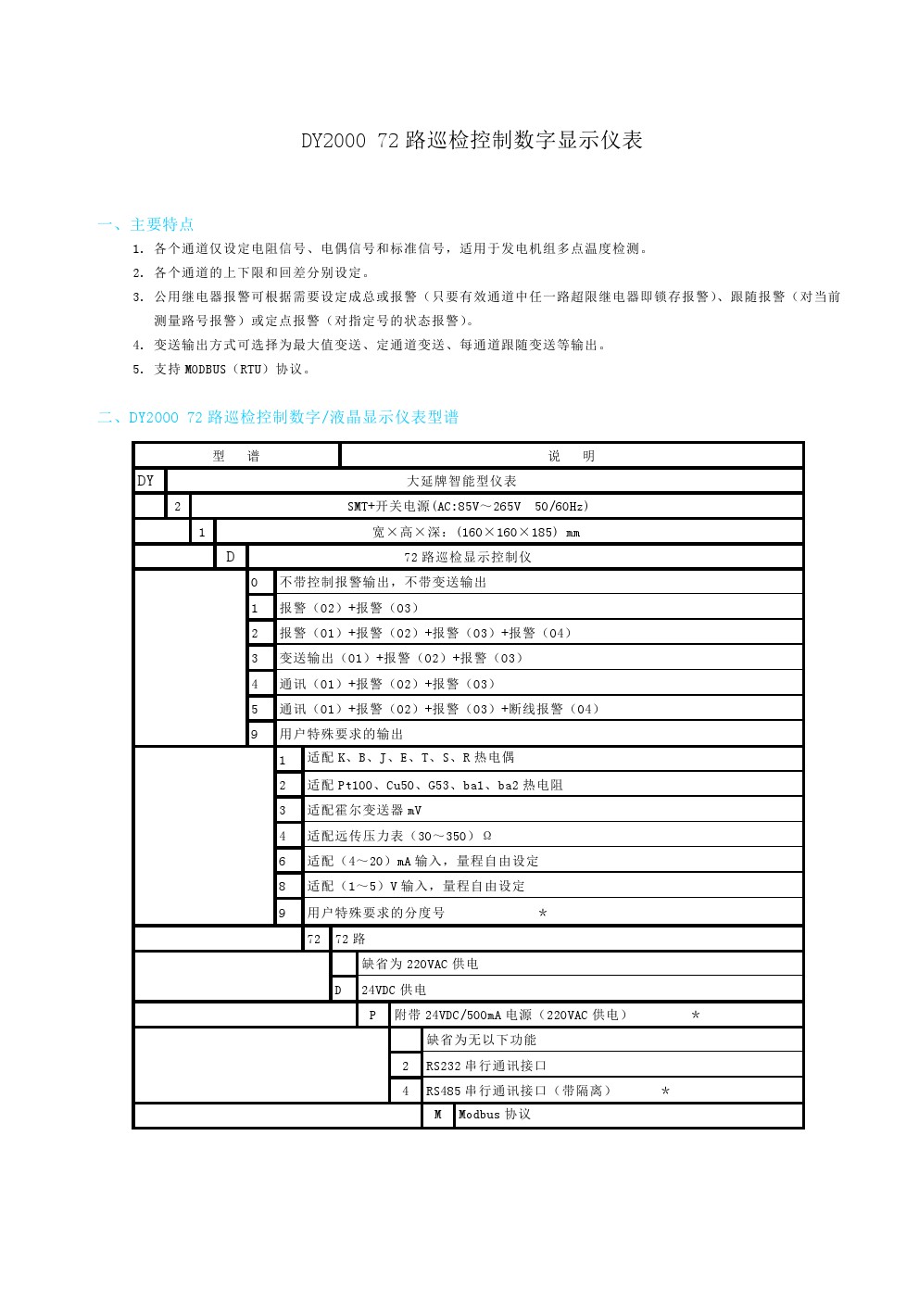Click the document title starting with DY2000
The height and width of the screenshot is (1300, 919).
tap(472, 141)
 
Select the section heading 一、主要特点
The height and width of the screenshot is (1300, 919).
tap(145, 224)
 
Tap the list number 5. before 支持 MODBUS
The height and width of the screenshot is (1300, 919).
tap(137, 370)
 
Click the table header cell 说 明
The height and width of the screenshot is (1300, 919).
tap(571, 456)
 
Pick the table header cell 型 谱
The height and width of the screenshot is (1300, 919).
tap(236, 456)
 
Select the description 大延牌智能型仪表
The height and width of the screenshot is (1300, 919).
tap(461, 481)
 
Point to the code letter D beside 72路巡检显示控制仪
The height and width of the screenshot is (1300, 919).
tap(231, 557)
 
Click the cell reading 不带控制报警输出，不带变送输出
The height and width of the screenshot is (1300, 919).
tap(383, 582)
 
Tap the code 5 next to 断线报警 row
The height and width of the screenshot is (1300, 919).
tap(255, 710)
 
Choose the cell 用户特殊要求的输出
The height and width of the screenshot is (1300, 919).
tap(341, 734)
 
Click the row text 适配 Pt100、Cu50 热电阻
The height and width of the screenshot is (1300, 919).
tap(434, 785)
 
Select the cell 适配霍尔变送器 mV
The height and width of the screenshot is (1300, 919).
tap(364, 810)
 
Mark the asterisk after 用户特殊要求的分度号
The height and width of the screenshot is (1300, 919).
tap(543, 914)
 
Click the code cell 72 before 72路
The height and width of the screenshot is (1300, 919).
tap(314, 939)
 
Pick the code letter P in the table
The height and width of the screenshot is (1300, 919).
tap(372, 1015)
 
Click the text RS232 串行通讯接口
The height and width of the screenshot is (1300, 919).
tap(486, 1066)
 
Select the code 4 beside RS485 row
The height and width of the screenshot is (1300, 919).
tap(405, 1091)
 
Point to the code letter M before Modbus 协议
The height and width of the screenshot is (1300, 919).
tap(437, 1115)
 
